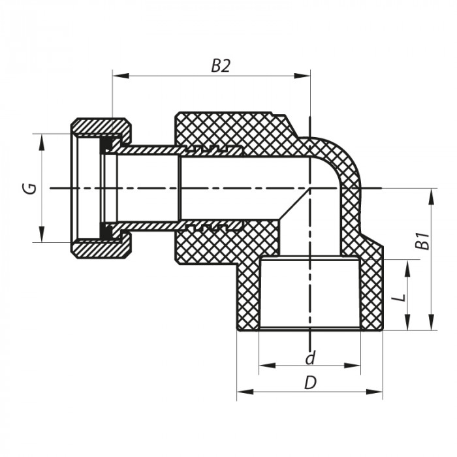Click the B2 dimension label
221,66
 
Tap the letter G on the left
29,189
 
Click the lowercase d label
311,358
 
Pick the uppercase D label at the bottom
311,383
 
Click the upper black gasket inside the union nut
105,146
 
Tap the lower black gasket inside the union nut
105,230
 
